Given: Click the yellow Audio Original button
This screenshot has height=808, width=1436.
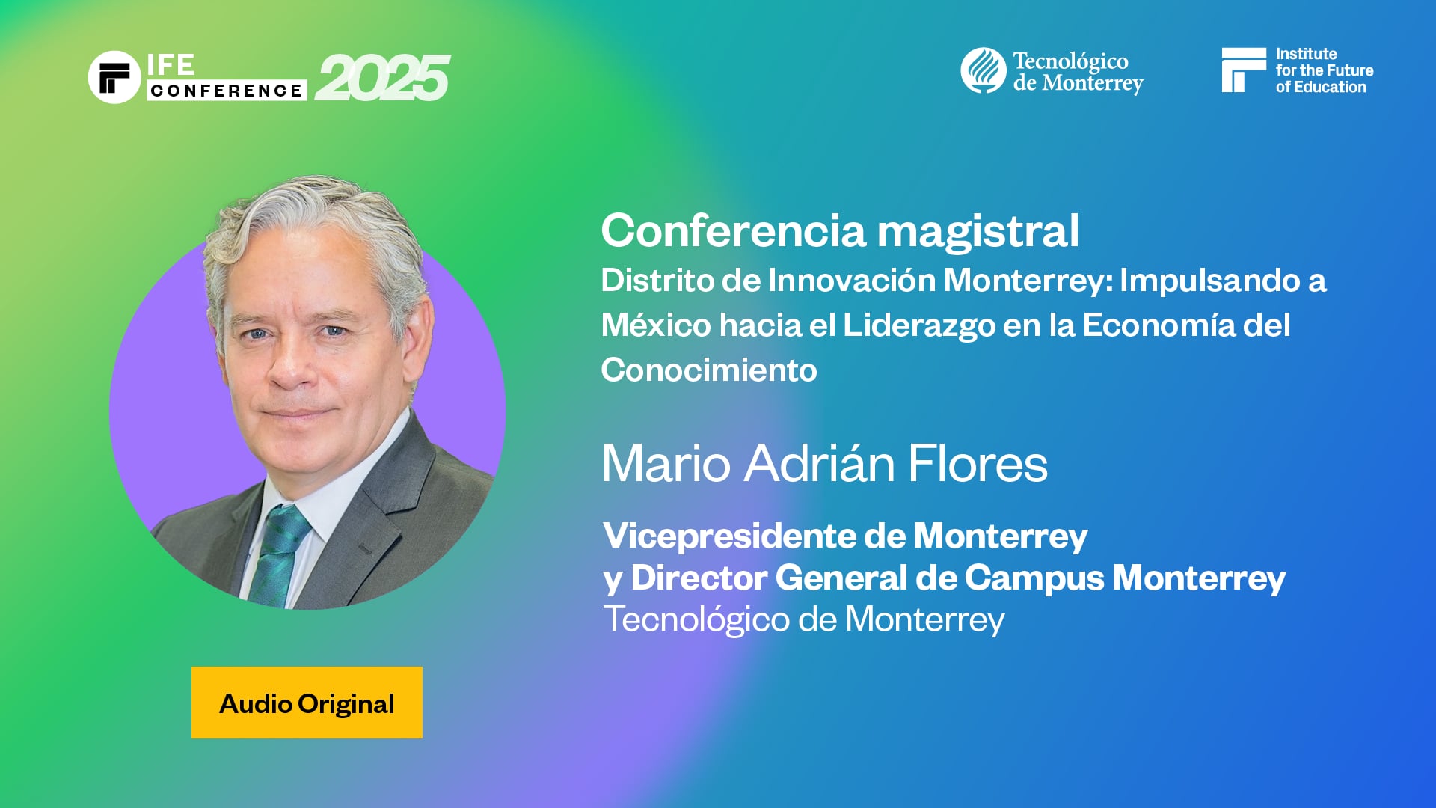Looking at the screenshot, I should (x=307, y=703).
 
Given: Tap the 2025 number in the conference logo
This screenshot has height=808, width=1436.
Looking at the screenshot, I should (x=382, y=78).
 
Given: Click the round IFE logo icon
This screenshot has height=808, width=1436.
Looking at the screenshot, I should (x=114, y=77).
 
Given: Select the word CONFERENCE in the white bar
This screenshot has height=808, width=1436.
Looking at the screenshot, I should (x=227, y=91).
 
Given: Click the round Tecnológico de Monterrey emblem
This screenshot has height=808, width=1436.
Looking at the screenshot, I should (x=983, y=70).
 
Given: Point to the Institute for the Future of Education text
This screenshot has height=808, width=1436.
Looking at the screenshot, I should (x=1324, y=70).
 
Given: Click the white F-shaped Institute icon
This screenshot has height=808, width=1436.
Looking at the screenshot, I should (x=1243, y=70).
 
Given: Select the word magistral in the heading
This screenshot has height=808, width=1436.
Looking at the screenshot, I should (x=978, y=230).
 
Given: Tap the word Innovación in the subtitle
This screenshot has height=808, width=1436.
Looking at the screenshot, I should (x=852, y=281).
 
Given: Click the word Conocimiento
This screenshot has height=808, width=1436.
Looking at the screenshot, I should (x=709, y=370).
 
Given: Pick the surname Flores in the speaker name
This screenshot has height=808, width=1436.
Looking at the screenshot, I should (x=978, y=463).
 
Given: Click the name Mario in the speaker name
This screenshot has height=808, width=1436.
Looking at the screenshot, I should (x=666, y=463).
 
